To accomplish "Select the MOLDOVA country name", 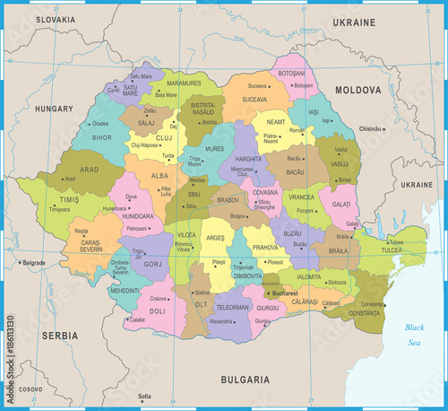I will (x=358, y=91).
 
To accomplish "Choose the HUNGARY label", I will (x=55, y=109).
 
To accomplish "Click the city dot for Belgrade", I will (x=19, y=262).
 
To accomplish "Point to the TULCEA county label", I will (x=392, y=251).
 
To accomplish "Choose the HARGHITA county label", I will (x=248, y=157).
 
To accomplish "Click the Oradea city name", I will (x=100, y=124).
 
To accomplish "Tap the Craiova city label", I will (x=159, y=298).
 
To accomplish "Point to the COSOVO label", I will (x=30, y=389).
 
